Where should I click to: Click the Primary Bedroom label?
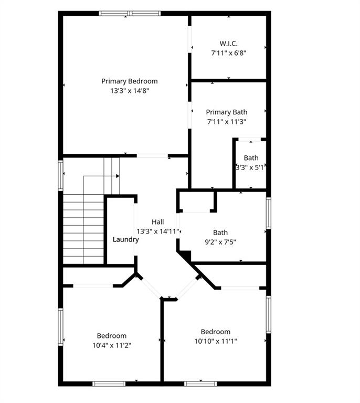pos(129,81)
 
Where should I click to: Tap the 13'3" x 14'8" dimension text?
pos(129,91)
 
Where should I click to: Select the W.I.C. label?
pos(228,43)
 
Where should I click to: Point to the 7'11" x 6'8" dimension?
pos(228,52)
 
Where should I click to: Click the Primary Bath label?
pos(226,112)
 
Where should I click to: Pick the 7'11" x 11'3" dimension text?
pos(226,122)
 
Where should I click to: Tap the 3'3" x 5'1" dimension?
pos(251,167)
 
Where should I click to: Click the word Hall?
pos(158,222)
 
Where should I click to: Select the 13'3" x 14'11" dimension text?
pos(158,231)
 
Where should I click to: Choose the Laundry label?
pos(126,240)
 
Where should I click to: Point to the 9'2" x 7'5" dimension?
pos(220,242)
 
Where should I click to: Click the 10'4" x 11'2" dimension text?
pos(111,345)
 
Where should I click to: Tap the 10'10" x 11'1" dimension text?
pos(215,341)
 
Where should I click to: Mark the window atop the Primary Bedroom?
pos(130,14)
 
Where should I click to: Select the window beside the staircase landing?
pos(61,175)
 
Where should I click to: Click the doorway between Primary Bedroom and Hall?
pos(152,155)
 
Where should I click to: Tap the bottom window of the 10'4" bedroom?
pos(109,384)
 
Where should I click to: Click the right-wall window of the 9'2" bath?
pos(268,213)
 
